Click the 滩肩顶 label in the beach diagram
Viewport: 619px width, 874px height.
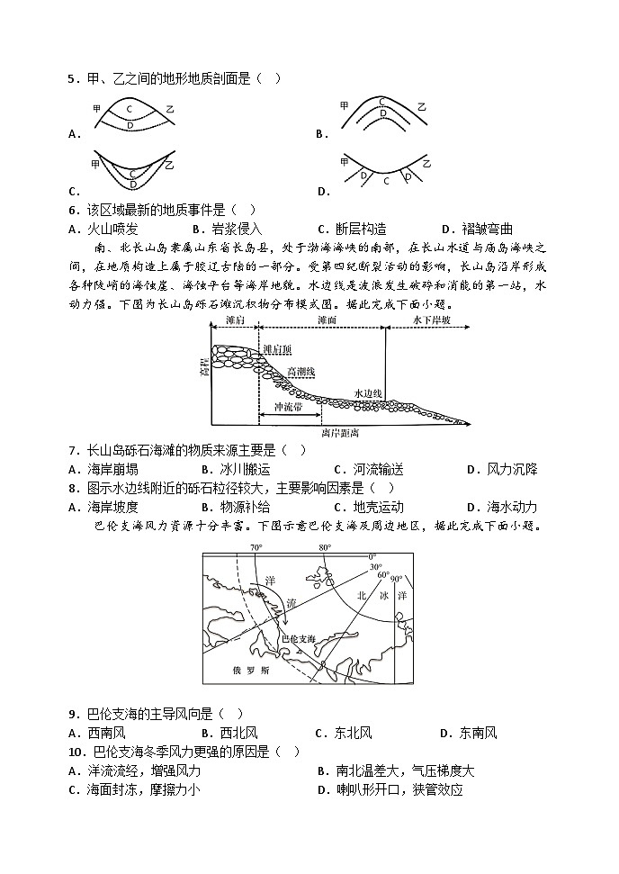click(x=277, y=349)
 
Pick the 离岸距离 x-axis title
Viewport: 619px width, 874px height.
click(x=338, y=433)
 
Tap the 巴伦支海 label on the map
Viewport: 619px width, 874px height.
click(x=299, y=638)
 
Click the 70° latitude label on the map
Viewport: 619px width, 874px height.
click(x=256, y=547)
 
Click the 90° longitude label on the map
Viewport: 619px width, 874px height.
click(x=396, y=579)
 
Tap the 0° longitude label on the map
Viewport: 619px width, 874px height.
click(x=373, y=556)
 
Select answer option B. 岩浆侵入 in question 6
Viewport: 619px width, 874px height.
click(x=224, y=229)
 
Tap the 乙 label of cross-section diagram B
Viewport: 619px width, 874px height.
click(x=421, y=106)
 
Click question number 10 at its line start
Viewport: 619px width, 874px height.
click(x=75, y=752)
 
